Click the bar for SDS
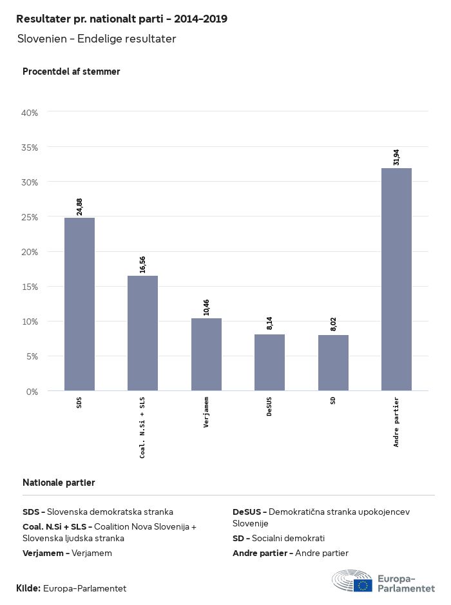click(x=79, y=304)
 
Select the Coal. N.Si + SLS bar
click(x=142, y=333)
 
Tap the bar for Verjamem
click(x=206, y=354)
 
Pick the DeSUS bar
click(x=269, y=362)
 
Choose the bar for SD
click(x=333, y=363)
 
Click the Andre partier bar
click(x=396, y=279)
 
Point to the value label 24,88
click(x=80, y=206)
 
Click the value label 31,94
click(x=396, y=157)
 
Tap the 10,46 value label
click(x=207, y=307)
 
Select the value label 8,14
click(x=270, y=322)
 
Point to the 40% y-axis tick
click(x=30, y=113)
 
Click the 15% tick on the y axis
click(x=30, y=287)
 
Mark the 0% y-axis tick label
click(x=32, y=391)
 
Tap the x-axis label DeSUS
click(x=269, y=407)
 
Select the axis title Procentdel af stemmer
click(x=72, y=72)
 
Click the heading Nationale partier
click(x=59, y=482)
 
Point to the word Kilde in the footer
click(x=28, y=588)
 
